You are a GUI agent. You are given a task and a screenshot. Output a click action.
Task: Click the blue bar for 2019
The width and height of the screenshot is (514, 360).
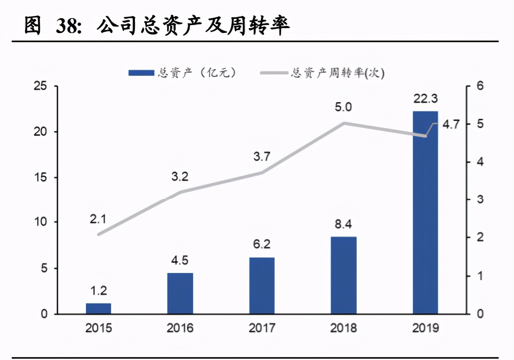click(425, 212)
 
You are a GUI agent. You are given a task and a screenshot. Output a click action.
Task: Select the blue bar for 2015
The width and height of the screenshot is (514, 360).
click(98, 308)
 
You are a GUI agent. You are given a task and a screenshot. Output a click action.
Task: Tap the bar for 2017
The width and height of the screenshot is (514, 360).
click(262, 285)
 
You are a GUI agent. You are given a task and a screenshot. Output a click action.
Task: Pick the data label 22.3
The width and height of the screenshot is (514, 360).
click(425, 99)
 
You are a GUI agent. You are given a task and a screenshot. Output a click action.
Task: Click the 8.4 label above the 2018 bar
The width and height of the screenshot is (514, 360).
click(343, 224)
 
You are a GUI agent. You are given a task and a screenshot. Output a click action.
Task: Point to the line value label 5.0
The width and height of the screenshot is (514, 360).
click(343, 107)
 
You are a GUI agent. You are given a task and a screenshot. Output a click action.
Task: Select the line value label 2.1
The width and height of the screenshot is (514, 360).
click(98, 219)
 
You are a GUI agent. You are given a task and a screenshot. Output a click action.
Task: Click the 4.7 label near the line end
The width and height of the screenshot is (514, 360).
click(451, 124)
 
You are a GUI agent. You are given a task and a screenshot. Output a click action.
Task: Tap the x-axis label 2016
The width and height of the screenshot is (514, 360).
click(180, 328)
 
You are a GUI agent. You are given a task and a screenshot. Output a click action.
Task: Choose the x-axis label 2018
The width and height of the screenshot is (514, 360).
click(343, 328)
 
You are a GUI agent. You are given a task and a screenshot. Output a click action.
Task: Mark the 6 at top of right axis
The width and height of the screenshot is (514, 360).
click(480, 86)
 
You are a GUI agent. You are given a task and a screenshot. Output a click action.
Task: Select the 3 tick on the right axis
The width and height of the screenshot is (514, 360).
click(480, 199)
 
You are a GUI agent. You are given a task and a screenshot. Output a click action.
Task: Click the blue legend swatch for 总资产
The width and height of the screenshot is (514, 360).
click(141, 73)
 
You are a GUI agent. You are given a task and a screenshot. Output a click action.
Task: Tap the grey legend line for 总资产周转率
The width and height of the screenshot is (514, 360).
click(275, 73)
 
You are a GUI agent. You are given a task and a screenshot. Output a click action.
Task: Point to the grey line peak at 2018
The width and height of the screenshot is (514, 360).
click(344, 123)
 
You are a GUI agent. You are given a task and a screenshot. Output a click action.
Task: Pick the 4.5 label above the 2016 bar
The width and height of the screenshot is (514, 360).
click(180, 260)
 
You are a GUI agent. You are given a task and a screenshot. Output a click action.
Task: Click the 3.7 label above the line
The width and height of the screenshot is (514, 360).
click(262, 157)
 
